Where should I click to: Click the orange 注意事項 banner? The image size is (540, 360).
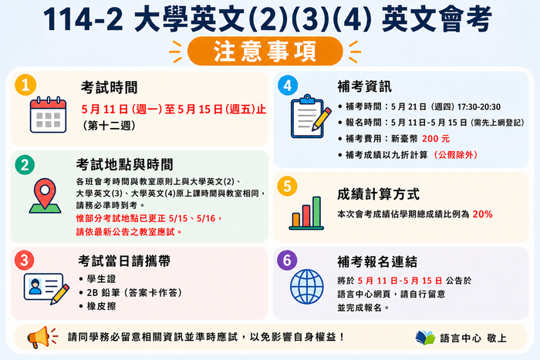point(269,51)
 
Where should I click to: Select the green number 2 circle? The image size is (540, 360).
point(25,164)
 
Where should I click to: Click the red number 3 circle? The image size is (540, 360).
point(25,259)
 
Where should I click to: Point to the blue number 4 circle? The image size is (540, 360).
point(288,85)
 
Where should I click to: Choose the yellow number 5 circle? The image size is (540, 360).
point(287,187)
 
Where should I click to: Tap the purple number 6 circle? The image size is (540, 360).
point(287,260)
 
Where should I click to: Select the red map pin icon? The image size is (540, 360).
point(45,194)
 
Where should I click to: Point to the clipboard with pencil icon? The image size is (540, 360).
point(310,117)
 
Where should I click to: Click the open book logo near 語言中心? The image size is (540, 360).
point(425,338)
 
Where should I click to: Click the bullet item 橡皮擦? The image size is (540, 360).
point(103,306)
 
